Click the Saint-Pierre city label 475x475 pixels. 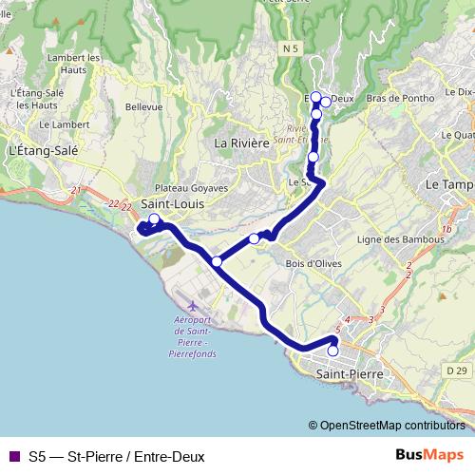(349, 375)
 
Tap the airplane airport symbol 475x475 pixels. (193, 305)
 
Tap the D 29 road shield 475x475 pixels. (455, 369)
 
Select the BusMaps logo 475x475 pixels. (428, 455)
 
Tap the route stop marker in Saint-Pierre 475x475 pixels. (332, 351)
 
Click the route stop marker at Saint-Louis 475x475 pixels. (154, 219)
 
